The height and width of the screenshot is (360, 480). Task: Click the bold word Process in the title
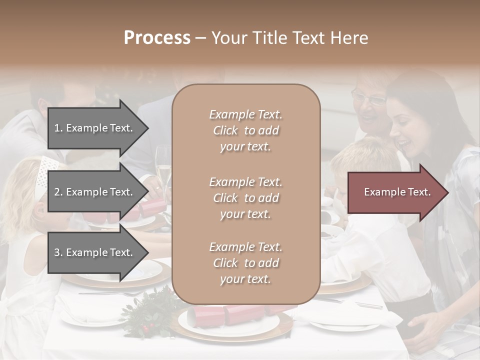coord(157,38)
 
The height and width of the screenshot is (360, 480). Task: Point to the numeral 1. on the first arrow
coord(58,128)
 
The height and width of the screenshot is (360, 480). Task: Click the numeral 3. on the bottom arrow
coord(58,252)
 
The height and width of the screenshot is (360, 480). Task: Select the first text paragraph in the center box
coord(245,130)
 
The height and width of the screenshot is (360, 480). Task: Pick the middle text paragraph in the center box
coord(245,198)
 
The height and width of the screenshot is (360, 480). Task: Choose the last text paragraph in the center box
coord(245,263)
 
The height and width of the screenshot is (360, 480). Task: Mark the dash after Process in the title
coord(200,38)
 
